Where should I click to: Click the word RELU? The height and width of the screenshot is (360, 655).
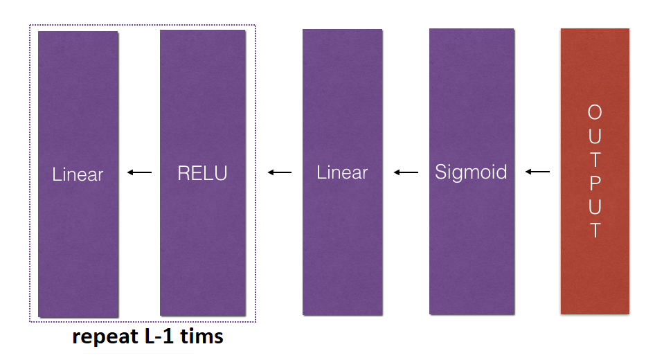pyautogui.click(x=202, y=173)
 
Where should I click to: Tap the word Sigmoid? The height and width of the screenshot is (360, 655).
pyautogui.click(x=471, y=172)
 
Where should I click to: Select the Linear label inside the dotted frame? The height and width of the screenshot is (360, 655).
pyautogui.click(x=78, y=174)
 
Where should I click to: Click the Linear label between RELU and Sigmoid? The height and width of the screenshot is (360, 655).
pyautogui.click(x=342, y=172)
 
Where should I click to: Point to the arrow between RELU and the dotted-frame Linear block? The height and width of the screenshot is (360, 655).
pyautogui.click(x=139, y=172)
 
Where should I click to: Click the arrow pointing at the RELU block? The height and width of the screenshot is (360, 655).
pyautogui.click(x=280, y=172)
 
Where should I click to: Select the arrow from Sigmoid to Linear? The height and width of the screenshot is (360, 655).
pyautogui.click(x=406, y=172)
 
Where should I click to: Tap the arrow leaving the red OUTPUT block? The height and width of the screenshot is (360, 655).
pyautogui.click(x=538, y=172)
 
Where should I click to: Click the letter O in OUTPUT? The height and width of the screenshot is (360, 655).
pyautogui.click(x=595, y=112)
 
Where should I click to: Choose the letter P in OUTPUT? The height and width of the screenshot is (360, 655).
pyautogui.click(x=595, y=183)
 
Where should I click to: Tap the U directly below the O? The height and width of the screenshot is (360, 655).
pyautogui.click(x=595, y=136)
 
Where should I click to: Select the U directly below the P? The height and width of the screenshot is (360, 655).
pyautogui.click(x=595, y=206)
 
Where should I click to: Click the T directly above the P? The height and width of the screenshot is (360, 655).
pyautogui.click(x=595, y=159)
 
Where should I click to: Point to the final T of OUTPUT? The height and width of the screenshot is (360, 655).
pyautogui.click(x=595, y=230)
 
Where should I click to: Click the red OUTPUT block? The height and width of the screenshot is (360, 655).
pyautogui.click(x=595, y=277)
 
